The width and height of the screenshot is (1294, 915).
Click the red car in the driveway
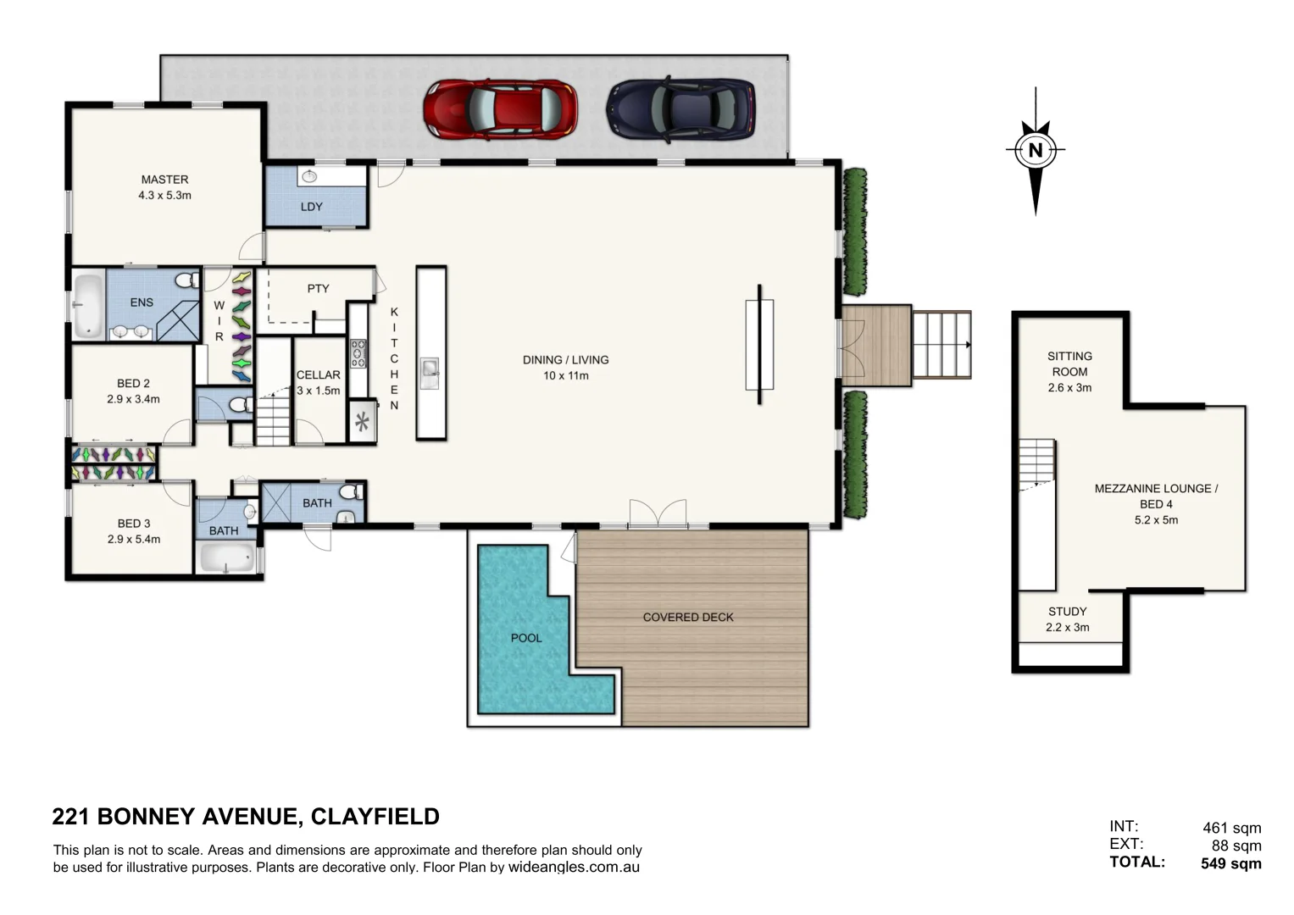coord(500,110)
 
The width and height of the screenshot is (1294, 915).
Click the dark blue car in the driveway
coord(680,110)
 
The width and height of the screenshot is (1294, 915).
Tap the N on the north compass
coord(1035,151)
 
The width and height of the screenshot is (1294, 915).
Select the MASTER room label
coord(164,180)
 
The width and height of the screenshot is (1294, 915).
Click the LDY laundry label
coord(311,207)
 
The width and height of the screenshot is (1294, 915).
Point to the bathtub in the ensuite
coord(87,305)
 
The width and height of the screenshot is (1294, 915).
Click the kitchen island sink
coord(430,369)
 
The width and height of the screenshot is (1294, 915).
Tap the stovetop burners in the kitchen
coord(358,353)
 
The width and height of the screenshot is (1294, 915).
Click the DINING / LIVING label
coord(565,360)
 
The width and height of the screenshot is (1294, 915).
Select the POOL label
coord(525,638)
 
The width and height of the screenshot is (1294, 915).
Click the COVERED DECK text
coord(688,618)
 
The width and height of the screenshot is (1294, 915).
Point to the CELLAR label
coord(318,374)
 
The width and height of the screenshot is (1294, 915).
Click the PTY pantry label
coord(318,289)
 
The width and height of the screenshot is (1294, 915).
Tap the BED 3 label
coord(134,524)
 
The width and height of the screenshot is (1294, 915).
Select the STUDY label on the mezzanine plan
coord(1067,612)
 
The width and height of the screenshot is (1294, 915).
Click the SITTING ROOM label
coord(1069,364)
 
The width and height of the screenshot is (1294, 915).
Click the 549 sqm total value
coord(1230,864)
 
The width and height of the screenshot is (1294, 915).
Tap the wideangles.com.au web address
coord(574,868)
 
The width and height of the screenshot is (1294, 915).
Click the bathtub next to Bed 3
coord(225,559)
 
